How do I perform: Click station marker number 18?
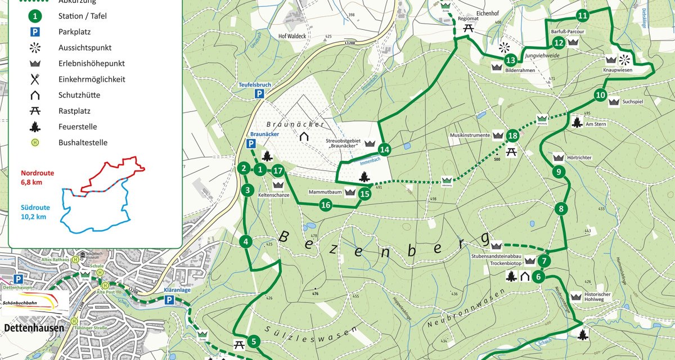click(x=512, y=136)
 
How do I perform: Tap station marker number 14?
click(x=384, y=150)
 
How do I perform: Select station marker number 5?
click(x=254, y=341)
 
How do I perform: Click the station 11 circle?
click(x=583, y=15)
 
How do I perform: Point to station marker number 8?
click(x=561, y=210)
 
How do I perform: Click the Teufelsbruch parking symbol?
click(x=259, y=94)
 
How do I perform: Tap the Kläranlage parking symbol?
click(x=169, y=301)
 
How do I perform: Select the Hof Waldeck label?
click(x=292, y=36)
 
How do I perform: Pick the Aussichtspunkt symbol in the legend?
click(x=35, y=48)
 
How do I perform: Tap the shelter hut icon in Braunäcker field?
click(x=304, y=137)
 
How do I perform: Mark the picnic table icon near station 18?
click(x=511, y=152)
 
